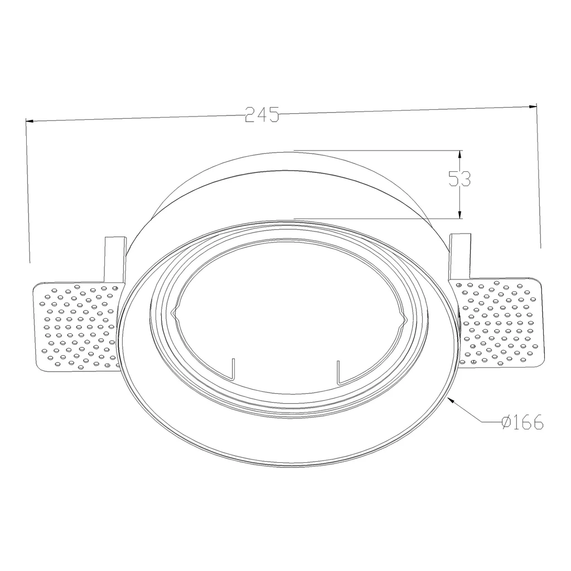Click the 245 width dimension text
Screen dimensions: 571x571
point(262,115)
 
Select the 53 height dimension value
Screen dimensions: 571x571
point(459,178)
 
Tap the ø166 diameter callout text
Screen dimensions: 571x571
point(522,423)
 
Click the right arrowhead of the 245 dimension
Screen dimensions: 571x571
point(532,106)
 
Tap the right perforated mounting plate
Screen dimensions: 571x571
point(500,323)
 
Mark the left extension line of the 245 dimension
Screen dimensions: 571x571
point(28,195)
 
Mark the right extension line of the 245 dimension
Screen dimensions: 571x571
point(539,178)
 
